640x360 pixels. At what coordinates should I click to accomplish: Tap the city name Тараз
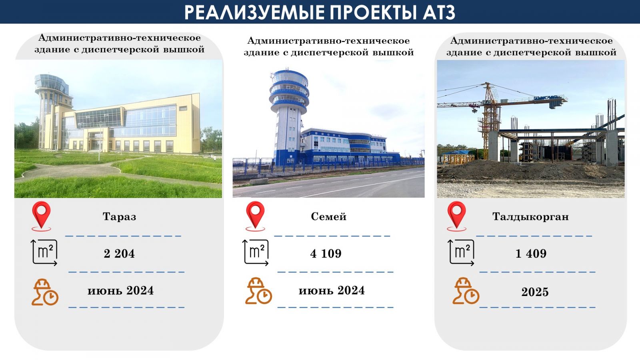pyautogui.click(x=120, y=216)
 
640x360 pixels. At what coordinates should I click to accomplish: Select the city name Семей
pyautogui.click(x=328, y=216)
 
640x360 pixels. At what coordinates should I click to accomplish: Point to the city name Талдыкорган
pyautogui.click(x=530, y=217)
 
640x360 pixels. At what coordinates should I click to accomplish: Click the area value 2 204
pyautogui.click(x=119, y=254)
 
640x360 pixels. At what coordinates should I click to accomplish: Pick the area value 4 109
pyautogui.click(x=326, y=254)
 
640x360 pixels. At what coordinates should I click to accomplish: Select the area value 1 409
pyautogui.click(x=531, y=254)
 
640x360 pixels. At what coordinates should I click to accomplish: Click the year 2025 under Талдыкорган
pyautogui.click(x=535, y=292)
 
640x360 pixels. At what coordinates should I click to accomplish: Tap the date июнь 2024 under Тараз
pyautogui.click(x=120, y=290)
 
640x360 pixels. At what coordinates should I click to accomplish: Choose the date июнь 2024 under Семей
pyautogui.click(x=332, y=290)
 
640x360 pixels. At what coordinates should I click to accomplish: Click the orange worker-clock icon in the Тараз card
pyautogui.click(x=45, y=292)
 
